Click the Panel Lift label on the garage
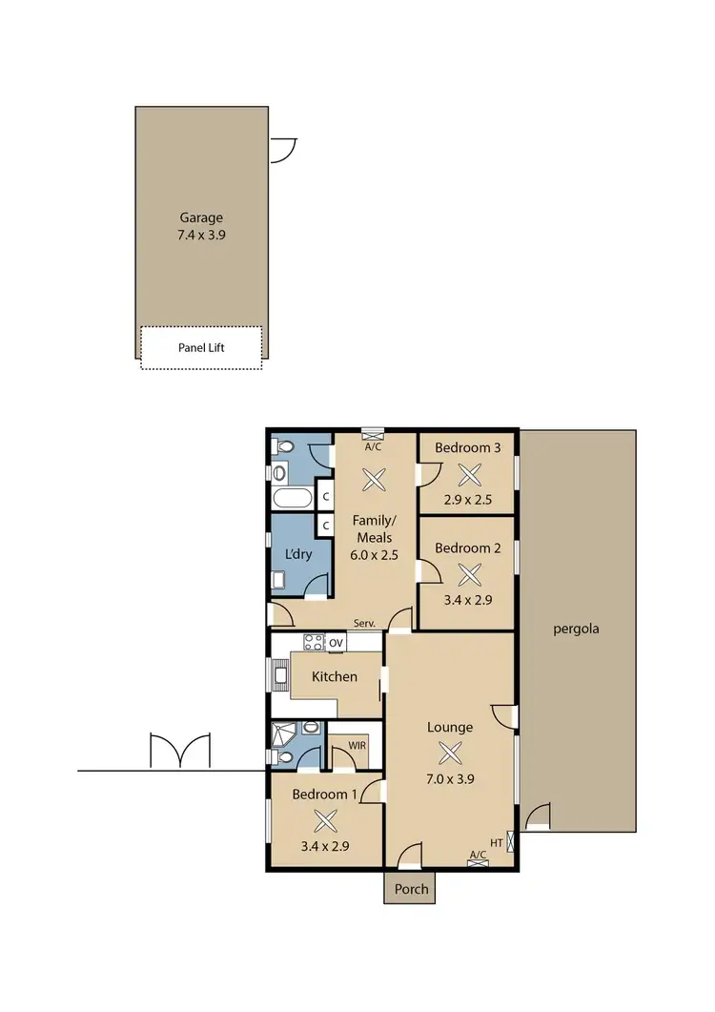(x=201, y=347)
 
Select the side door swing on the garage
(x=283, y=150)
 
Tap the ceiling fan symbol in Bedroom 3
(x=468, y=474)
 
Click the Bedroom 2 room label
(x=468, y=547)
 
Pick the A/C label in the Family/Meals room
(x=374, y=445)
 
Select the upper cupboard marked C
(x=325, y=497)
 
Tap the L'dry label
(x=298, y=554)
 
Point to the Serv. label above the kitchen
(x=364, y=623)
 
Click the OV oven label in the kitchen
(x=336, y=644)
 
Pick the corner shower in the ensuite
(x=283, y=734)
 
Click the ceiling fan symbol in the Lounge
(x=449, y=754)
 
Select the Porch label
(x=411, y=889)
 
